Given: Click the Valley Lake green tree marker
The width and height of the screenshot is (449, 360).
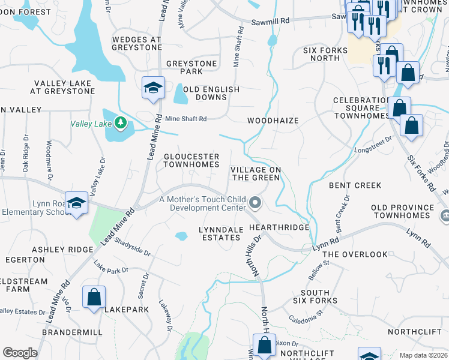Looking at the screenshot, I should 121,123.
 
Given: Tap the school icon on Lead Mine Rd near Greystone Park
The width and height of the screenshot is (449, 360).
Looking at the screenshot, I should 153,87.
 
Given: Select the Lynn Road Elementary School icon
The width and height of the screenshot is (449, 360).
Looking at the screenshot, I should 77,203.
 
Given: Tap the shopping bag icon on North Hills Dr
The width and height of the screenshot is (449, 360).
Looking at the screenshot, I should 264,345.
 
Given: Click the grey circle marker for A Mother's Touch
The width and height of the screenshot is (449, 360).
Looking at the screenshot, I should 256,203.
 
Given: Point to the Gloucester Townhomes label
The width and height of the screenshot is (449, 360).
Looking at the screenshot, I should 191,160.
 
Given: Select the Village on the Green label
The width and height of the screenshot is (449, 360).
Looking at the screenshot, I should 256,173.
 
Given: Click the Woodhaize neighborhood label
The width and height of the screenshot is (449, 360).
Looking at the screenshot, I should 273,121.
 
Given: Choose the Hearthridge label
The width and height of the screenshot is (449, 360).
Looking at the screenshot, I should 279,227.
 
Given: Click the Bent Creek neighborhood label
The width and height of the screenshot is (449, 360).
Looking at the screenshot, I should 355,185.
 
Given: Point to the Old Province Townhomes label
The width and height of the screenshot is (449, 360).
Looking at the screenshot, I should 402,211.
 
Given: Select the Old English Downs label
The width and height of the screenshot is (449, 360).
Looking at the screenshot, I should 211,93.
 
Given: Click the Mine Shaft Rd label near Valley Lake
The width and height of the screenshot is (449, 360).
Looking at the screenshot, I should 185,119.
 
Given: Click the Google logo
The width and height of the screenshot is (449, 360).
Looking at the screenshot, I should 20,353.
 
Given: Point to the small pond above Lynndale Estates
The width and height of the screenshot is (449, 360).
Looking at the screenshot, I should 181,236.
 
